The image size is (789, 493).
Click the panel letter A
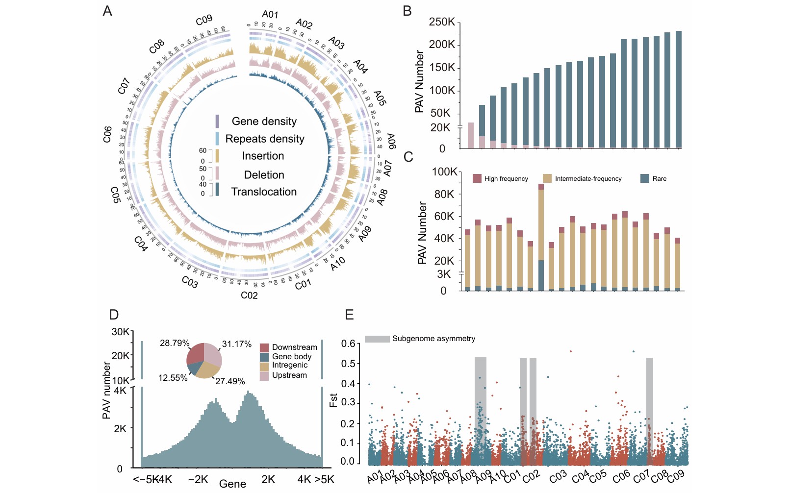tap(107, 11)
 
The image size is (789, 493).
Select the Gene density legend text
tap(264, 121)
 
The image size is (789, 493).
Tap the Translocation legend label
tap(264, 192)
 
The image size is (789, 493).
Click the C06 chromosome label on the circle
tap(107, 134)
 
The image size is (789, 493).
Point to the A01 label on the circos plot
tap(270, 14)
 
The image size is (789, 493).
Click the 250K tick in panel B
tap(442, 22)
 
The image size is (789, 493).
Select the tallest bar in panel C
tap(541, 238)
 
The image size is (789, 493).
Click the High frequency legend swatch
tap(477, 178)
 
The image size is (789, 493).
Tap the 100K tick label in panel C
tap(444, 172)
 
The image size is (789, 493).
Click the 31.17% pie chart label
tap(236, 344)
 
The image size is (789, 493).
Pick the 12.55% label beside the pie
tap(173, 378)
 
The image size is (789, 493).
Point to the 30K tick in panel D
tap(120, 332)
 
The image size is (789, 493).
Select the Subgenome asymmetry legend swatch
tap(377, 339)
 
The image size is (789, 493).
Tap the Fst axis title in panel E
tap(333, 400)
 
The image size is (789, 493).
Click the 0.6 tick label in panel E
tap(348, 344)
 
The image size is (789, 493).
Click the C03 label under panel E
tap(558, 476)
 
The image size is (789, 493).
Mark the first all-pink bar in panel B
tap(470, 135)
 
